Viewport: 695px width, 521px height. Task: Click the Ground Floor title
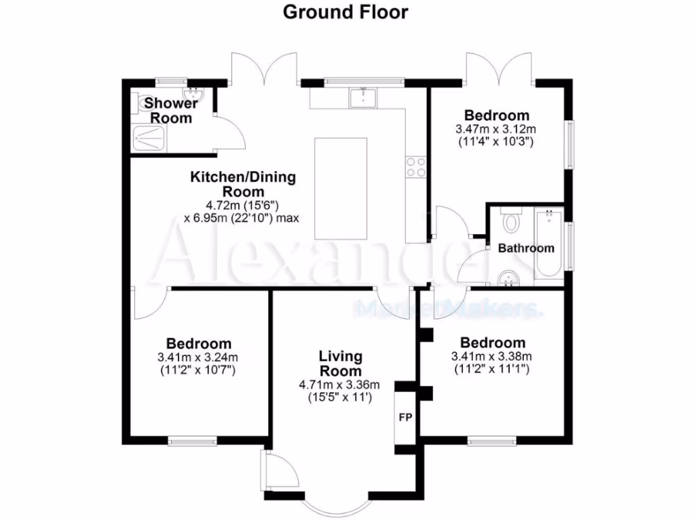pyautogui.click(x=345, y=12)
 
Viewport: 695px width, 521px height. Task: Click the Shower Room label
pyautogui.click(x=171, y=111)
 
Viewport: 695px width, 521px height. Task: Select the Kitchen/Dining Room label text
pyautogui.click(x=242, y=185)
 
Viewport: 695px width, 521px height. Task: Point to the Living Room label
pyautogui.click(x=341, y=364)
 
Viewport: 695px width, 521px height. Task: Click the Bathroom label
pyautogui.click(x=526, y=248)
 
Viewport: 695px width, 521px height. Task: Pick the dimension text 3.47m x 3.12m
pyautogui.click(x=496, y=129)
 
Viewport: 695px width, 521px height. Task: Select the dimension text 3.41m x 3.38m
pyautogui.click(x=492, y=356)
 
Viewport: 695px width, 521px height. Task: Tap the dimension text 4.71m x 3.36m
pyautogui.click(x=339, y=385)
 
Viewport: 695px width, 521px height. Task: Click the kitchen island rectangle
pyautogui.click(x=341, y=188)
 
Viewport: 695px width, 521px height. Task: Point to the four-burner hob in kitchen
pyautogui.click(x=415, y=167)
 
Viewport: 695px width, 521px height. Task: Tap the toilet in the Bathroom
pyautogui.click(x=510, y=222)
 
